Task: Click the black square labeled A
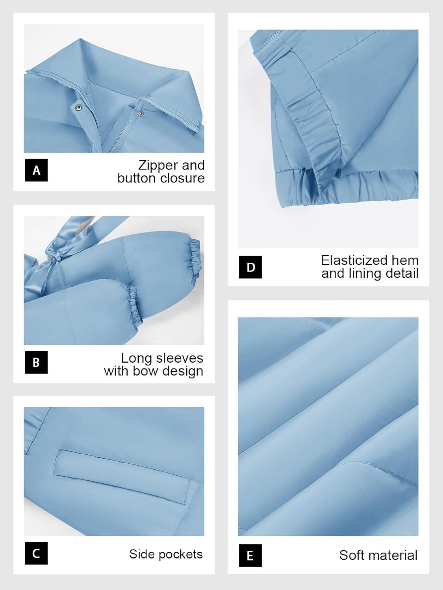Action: [x=36, y=170]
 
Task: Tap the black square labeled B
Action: [x=36, y=362]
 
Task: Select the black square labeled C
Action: [x=36, y=553]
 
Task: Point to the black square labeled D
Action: [x=250, y=267]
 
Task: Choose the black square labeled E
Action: [x=250, y=555]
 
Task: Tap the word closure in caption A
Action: [x=182, y=178]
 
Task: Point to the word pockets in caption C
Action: [x=181, y=554]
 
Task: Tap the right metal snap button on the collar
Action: [x=140, y=114]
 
